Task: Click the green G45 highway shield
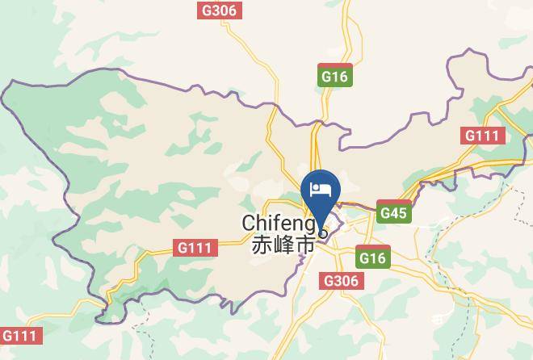coord(394,213)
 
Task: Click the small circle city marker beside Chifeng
coord(323,234)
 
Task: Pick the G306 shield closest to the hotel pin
coord(342,280)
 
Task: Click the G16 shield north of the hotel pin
coord(334,77)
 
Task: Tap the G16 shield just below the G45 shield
coord(371,257)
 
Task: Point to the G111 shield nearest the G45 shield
coord(483,136)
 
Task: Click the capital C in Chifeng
coord(250,222)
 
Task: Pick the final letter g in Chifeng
coord(312,224)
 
